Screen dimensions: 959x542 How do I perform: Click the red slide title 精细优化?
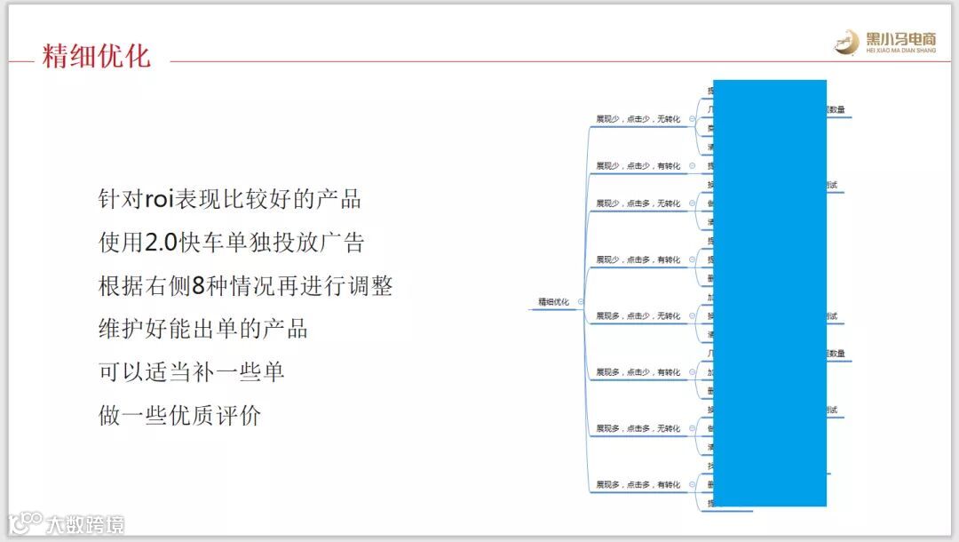(x=96, y=55)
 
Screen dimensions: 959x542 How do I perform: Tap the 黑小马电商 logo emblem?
(x=847, y=42)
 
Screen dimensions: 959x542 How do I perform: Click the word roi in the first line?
(x=161, y=199)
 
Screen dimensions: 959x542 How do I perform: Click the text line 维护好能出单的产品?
(x=202, y=329)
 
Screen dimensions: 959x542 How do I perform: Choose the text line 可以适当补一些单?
(x=191, y=371)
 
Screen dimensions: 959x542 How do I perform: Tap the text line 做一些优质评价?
(x=179, y=415)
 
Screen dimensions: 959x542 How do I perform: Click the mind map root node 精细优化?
(x=553, y=302)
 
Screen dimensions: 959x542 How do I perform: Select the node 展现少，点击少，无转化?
(x=638, y=118)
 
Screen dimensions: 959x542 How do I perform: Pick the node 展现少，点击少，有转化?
(x=638, y=165)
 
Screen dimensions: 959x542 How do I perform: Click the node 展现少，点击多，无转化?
(x=638, y=203)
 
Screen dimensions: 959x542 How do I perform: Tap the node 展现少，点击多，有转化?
(x=638, y=259)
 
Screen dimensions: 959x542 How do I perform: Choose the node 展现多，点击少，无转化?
(x=638, y=315)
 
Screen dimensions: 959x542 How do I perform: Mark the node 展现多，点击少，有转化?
(x=638, y=372)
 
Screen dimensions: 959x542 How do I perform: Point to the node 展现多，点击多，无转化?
(x=638, y=428)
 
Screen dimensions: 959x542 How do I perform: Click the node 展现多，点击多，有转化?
(x=638, y=484)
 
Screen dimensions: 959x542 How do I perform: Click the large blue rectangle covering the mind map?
(x=770, y=293)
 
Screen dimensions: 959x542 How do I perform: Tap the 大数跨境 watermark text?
(x=86, y=524)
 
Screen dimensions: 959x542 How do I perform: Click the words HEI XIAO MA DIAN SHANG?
(x=900, y=51)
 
